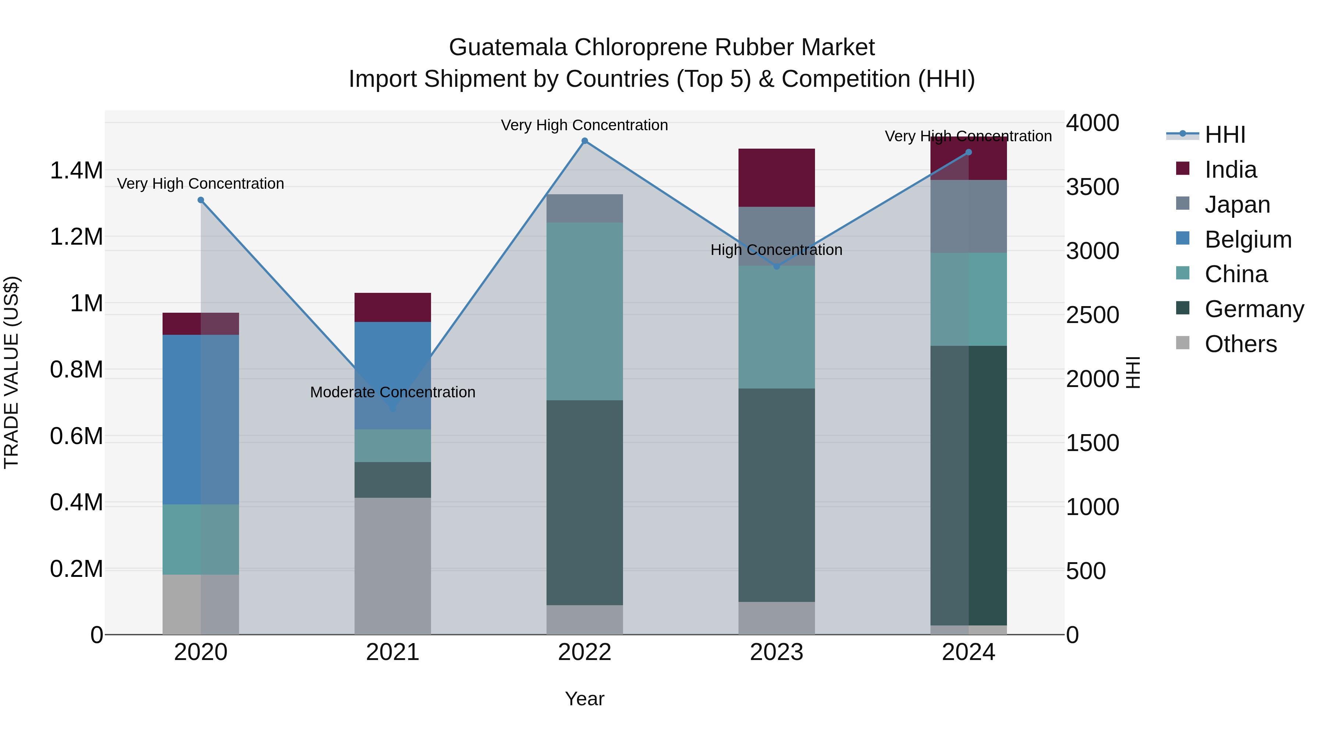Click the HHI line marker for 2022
tap(584, 141)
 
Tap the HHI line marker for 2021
tap(393, 409)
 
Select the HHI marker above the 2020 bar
tap(201, 200)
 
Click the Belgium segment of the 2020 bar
tap(200, 419)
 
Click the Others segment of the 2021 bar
tap(393, 565)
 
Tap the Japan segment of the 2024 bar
tap(968, 216)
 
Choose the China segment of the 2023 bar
tap(777, 327)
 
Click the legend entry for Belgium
tap(1248, 240)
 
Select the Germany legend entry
tap(1254, 309)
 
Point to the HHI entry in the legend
tap(1225, 135)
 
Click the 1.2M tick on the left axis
tap(76, 237)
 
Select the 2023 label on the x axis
tap(777, 652)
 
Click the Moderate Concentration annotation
tap(393, 392)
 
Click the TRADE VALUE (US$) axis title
tap(11, 372)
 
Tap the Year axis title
tap(584, 699)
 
